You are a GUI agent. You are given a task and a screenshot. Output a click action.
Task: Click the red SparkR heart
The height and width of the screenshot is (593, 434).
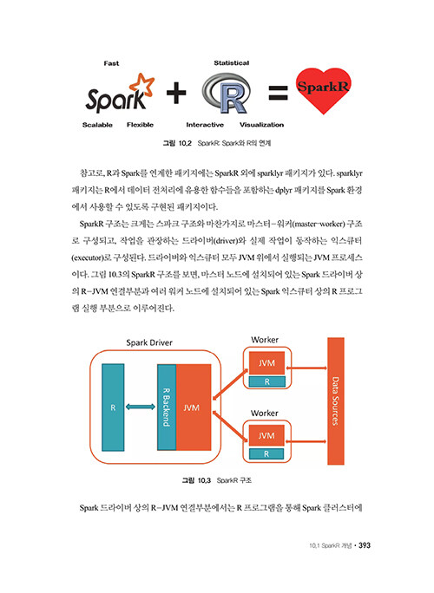tap(323, 90)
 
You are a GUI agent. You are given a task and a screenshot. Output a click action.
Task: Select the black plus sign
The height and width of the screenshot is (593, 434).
tap(176, 93)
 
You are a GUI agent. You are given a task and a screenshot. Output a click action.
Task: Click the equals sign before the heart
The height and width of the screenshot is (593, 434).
tap(278, 93)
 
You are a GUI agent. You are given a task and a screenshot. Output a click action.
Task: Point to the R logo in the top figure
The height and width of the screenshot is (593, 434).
tap(227, 94)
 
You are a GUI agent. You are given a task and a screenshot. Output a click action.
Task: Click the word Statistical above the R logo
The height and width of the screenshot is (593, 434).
tap(232, 63)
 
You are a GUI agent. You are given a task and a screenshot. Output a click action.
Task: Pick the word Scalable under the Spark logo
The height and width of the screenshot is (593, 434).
tap(97, 125)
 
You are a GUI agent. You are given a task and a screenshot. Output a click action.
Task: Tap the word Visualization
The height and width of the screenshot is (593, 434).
tap(261, 125)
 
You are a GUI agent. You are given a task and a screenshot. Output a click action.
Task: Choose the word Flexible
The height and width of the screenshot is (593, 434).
tap(140, 125)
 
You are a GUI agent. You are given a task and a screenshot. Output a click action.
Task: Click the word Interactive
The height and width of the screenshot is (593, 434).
tap(205, 125)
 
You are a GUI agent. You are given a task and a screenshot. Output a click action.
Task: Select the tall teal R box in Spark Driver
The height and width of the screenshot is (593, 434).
tap(113, 407)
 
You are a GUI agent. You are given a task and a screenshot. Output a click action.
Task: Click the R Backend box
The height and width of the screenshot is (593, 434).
tap(167, 407)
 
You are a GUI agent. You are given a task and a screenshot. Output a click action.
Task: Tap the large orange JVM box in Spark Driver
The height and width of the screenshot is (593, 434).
tap(194, 407)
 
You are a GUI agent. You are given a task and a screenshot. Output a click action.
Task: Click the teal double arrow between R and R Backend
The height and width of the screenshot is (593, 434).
tap(140, 407)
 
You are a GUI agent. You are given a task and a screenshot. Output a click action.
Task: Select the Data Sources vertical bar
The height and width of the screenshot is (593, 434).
tap(336, 401)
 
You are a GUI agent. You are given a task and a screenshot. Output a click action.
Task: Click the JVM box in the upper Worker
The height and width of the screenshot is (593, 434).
tap(266, 363)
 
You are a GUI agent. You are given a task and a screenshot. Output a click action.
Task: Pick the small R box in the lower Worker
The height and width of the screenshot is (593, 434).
tap(266, 453)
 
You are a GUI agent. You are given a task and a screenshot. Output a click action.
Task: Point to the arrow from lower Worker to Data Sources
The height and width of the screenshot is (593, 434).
tap(306, 441)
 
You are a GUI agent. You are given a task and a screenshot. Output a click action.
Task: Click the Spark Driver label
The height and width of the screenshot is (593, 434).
tap(149, 342)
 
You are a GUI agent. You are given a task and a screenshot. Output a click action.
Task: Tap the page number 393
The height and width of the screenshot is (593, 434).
tap(365, 545)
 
